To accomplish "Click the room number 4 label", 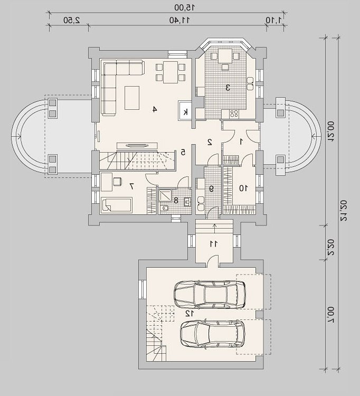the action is point(155,109).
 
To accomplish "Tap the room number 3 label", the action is point(228,88).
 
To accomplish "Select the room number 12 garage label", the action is point(190,314).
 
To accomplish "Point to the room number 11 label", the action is point(213,244).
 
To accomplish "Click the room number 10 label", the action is point(244,188).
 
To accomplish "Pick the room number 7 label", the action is point(131,186).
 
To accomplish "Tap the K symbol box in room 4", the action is point(185,111).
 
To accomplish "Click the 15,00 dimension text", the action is point(185,7).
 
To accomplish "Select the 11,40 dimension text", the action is point(179,21).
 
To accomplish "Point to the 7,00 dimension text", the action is point(331,315).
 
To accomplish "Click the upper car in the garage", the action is point(210,295).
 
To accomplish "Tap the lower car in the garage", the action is point(212,335).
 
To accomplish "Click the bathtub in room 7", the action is point(116,205).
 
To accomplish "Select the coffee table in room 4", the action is point(132,98).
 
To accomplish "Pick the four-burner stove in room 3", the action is point(234,114).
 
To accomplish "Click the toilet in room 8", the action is point(164,209).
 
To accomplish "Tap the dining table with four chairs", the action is point(170,72).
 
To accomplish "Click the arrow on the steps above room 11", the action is point(214,228).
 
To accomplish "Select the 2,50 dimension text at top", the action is point(71,21).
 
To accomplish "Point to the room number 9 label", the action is point(211,188).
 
